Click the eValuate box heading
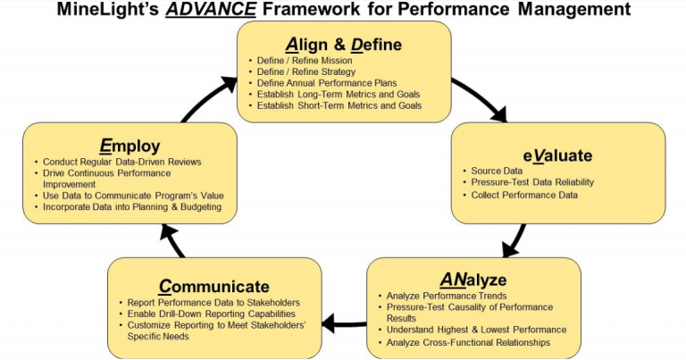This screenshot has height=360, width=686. point(558,155)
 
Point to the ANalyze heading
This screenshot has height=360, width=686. point(473,278)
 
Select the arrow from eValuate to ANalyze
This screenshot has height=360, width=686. point(513,239)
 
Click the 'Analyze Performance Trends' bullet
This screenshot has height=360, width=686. point(447,296)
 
